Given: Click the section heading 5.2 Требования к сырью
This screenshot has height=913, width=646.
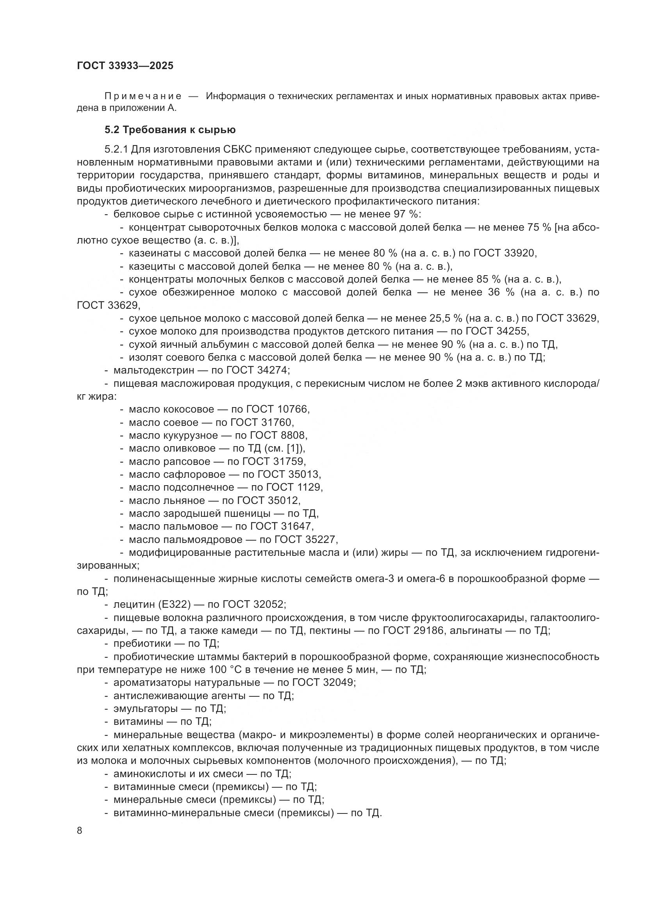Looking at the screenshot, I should (x=170, y=130).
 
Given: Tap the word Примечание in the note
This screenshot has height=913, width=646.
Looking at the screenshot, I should (x=143, y=96).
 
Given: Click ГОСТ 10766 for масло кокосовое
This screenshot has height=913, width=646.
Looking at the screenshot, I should (x=277, y=409).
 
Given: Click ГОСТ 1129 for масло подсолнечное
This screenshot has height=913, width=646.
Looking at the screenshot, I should (x=294, y=487).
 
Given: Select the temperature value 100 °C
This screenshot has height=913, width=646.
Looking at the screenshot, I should (x=222, y=670).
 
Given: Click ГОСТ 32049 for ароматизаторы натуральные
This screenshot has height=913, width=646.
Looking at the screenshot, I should (x=323, y=683).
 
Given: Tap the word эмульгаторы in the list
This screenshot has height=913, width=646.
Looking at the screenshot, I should (x=146, y=708).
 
